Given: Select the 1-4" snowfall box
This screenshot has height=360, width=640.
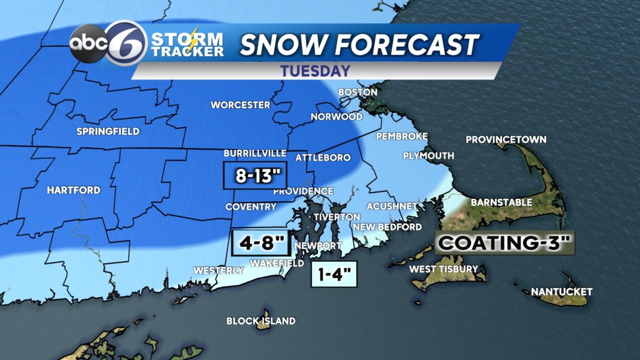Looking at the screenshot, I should point(334,273).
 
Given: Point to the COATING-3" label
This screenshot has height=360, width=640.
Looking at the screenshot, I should point(504,242).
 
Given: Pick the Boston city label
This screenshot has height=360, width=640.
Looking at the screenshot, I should point(357,92).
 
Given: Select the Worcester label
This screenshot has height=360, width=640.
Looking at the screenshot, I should point(241,104).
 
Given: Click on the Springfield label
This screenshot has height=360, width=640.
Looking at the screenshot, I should point(107,131).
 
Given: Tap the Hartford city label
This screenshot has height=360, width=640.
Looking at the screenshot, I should point(74,190).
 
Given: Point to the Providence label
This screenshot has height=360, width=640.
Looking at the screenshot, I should point(303,191).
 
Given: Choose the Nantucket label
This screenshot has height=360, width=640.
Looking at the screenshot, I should point(561,292).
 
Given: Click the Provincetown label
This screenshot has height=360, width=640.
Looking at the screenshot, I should point(506,139).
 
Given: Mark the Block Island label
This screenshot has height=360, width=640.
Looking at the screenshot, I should point(261,321).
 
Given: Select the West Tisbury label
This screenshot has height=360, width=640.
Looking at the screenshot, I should point(443,269).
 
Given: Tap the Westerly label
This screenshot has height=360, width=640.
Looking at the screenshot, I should point(219,270).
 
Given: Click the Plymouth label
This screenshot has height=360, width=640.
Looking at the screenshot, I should point(428,156).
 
